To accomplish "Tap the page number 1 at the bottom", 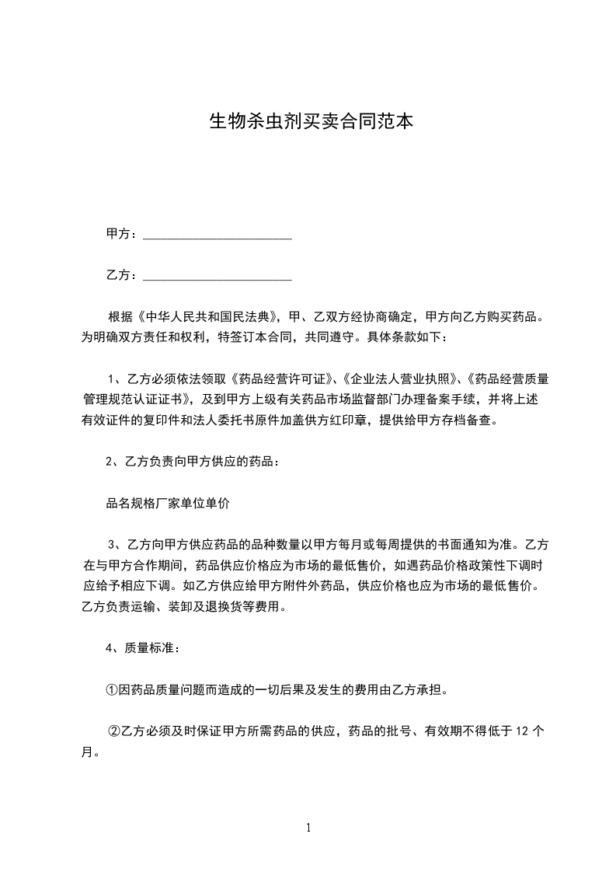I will point(308,828).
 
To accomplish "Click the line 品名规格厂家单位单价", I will point(168,503).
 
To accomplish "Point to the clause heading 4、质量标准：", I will point(143,647).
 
